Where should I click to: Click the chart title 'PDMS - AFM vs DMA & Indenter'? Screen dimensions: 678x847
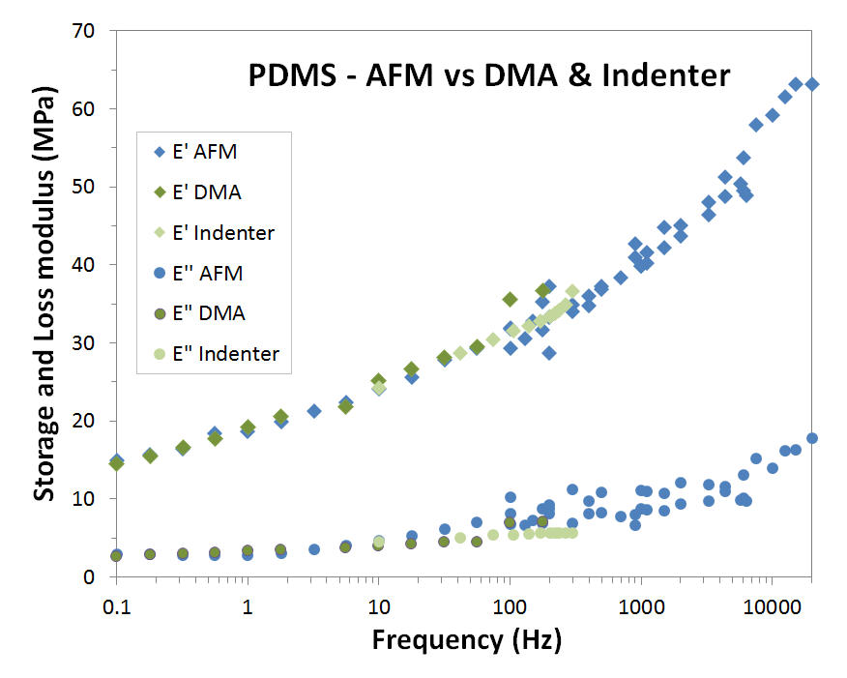pyautogui.click(x=488, y=76)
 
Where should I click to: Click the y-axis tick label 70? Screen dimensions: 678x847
pyautogui.click(x=82, y=31)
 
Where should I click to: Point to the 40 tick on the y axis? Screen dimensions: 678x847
pyautogui.click(x=82, y=265)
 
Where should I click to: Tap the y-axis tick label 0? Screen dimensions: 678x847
pyautogui.click(x=88, y=577)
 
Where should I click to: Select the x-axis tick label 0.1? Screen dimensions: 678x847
pyautogui.click(x=116, y=602)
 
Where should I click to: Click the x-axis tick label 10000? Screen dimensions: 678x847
pyautogui.click(x=771, y=602)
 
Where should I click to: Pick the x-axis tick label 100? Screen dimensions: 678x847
pyautogui.click(x=510, y=602)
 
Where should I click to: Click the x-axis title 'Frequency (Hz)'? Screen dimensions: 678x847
pyautogui.click(x=466, y=639)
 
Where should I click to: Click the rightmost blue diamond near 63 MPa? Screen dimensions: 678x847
pyautogui.click(x=812, y=84)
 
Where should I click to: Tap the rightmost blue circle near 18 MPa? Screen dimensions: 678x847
pyautogui.click(x=812, y=438)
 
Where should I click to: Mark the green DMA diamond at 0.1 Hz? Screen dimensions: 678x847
pyautogui.click(x=116, y=463)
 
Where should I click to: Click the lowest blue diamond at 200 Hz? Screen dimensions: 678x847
pyautogui.click(x=549, y=353)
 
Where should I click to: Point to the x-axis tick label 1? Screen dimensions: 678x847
pyautogui.click(x=248, y=602)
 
